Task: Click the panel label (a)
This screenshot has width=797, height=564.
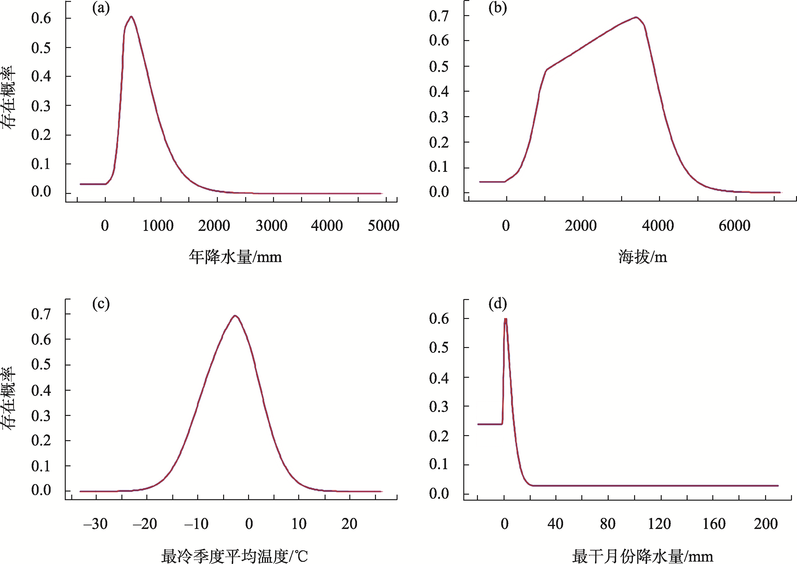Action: pos(101,9)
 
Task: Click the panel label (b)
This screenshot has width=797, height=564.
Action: pos(497,9)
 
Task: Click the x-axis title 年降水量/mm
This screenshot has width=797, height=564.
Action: pos(235,257)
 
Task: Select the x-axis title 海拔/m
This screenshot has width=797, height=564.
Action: pos(642,257)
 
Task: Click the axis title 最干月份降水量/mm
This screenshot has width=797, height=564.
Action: pos(642,556)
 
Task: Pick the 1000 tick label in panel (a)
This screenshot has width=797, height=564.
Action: pos(158,226)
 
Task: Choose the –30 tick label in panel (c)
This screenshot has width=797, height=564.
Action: pos(95,524)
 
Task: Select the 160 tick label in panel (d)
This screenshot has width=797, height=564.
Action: pos(714,524)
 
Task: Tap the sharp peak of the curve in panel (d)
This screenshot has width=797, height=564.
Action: pos(506,319)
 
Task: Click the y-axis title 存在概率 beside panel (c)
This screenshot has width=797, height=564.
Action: pos(9,399)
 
